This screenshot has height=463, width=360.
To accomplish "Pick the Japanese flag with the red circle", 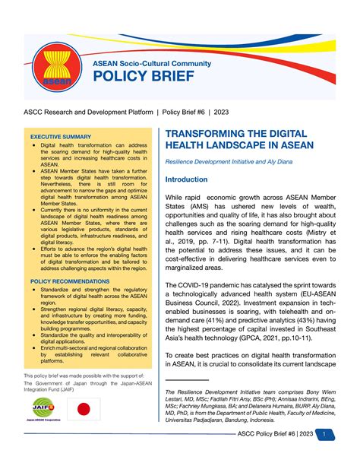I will [82, 410].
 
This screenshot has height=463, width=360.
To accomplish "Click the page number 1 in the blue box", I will [324, 434].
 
